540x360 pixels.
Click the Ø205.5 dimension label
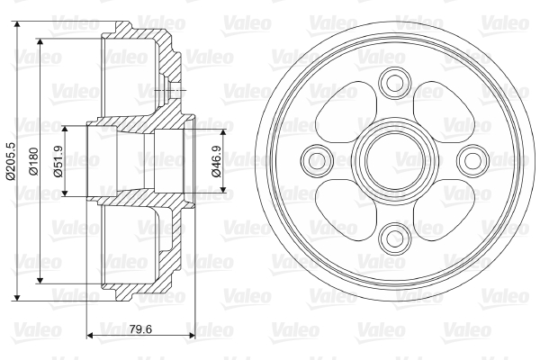click(11, 160)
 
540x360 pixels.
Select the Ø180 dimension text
click(34, 161)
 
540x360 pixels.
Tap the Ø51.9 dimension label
click(58, 161)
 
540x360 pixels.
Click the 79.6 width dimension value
click(141, 329)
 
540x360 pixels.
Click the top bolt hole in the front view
click(395, 83)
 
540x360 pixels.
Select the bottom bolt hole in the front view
click(395, 238)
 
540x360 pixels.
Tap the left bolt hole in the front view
click(317, 160)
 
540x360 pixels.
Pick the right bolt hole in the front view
click(472, 160)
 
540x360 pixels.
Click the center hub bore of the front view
click(395, 160)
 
